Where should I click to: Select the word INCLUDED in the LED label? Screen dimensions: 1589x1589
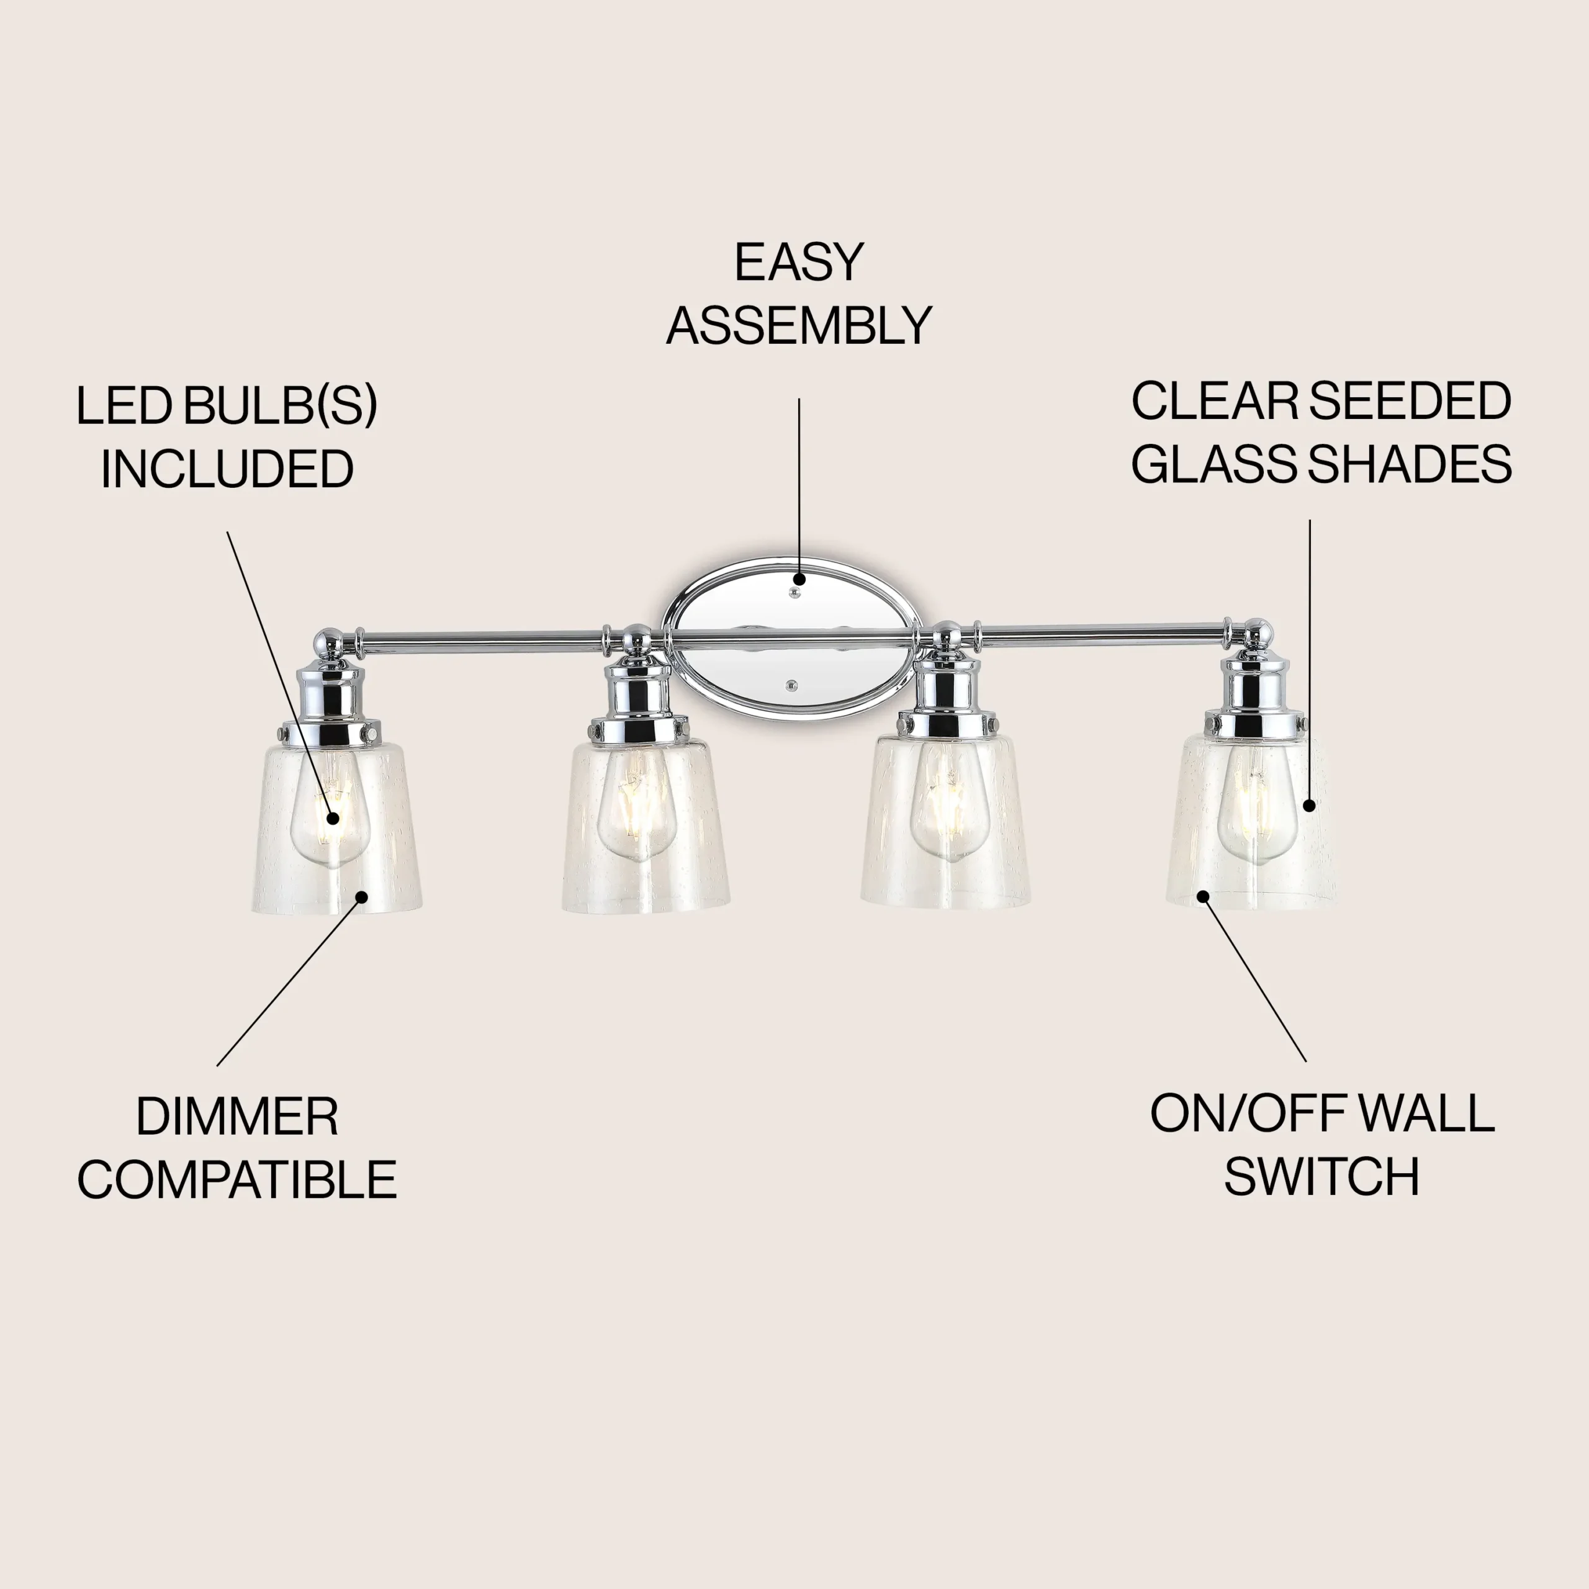(227, 470)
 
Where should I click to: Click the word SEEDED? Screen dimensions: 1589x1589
(1410, 402)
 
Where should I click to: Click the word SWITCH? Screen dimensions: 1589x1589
(1321, 1177)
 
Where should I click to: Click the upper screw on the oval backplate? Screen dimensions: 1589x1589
(794, 592)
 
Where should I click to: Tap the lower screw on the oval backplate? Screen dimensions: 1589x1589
(792, 683)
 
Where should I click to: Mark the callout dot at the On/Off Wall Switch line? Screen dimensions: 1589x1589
(1202, 896)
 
